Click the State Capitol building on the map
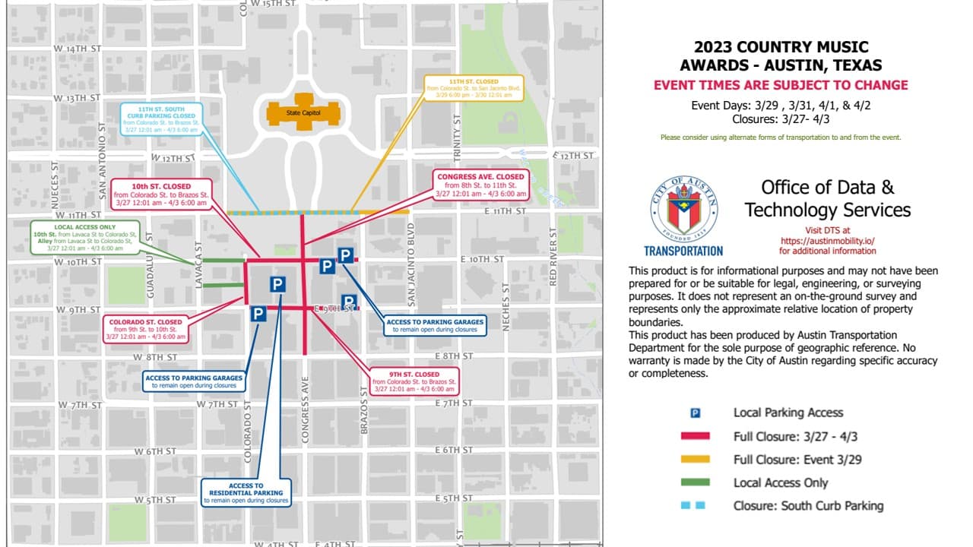pyautogui.click(x=303, y=111)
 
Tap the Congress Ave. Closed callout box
pyautogui.click(x=480, y=185)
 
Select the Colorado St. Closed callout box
pyautogui.click(x=146, y=329)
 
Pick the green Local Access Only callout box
pyautogui.click(x=85, y=238)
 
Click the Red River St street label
pyautogui.click(x=553, y=256)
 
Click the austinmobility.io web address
pyautogui.click(x=828, y=240)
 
